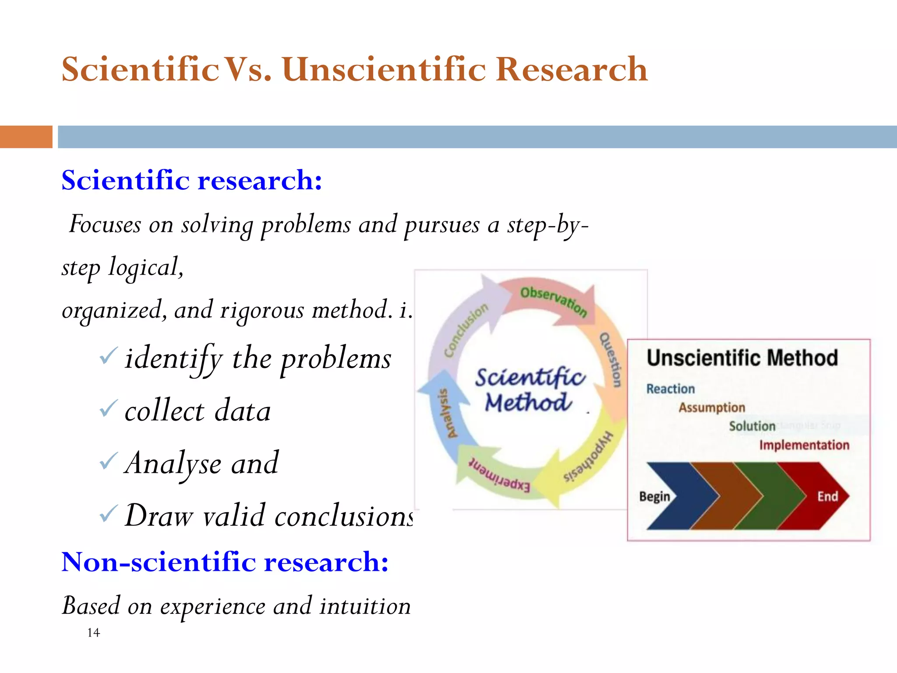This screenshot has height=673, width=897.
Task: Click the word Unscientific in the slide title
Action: pos(384,70)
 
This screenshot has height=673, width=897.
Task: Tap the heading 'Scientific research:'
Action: pos(192,180)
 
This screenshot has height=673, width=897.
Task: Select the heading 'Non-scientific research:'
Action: pos(225,562)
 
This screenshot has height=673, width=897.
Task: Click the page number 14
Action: pos(93,633)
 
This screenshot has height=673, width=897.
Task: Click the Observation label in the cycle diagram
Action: pos(553,301)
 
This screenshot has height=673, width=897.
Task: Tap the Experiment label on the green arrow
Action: pos(499,475)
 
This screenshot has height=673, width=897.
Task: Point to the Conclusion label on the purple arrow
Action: pos(466,329)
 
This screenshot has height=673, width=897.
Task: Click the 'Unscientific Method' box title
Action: pos(742,358)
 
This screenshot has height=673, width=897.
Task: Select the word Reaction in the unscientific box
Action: pos(670,389)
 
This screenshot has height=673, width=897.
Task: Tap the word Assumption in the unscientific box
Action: pos(712,407)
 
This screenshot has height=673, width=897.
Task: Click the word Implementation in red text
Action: pos(804,445)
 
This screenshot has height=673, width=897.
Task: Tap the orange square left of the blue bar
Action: pos(26,137)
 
